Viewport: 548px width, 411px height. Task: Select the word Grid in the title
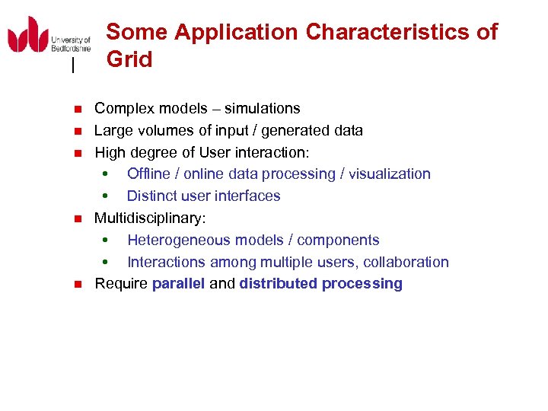129,59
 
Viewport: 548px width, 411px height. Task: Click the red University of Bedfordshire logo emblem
27,35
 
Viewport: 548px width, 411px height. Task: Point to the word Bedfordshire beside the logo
71,48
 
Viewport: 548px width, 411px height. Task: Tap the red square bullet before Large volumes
76,132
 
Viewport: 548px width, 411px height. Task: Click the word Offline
151,174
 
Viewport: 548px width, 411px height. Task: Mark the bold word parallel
178,284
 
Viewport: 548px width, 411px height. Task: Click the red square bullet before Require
76,285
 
